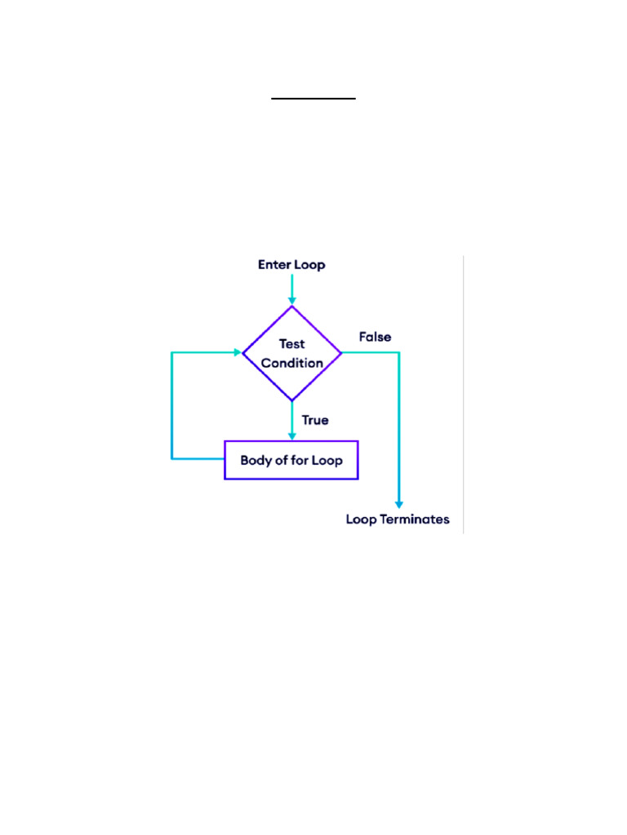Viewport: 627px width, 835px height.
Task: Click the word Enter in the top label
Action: [x=274, y=265]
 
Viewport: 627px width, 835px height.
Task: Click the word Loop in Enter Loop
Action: [x=309, y=265]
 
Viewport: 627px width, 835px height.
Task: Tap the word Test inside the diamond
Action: [x=291, y=344]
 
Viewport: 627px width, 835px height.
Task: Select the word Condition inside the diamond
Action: [x=291, y=363]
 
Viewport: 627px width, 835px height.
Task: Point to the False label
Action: [x=375, y=337]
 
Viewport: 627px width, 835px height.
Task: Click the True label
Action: [x=315, y=420]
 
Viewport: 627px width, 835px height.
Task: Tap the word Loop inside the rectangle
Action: [x=327, y=461]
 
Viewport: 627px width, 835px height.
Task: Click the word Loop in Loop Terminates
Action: [x=361, y=519]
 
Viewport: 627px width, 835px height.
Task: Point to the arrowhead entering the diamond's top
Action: [x=291, y=301]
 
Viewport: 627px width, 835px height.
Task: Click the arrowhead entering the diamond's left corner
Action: [x=238, y=352]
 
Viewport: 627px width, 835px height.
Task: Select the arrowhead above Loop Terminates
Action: [x=398, y=505]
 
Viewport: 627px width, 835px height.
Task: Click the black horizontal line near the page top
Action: [x=313, y=99]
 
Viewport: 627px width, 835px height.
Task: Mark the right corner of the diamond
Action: [x=341, y=352]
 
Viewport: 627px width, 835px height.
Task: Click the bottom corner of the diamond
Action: [x=291, y=400]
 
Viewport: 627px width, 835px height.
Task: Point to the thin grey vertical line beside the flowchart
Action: [x=464, y=395]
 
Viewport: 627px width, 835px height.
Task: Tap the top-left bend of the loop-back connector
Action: [x=171, y=352]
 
